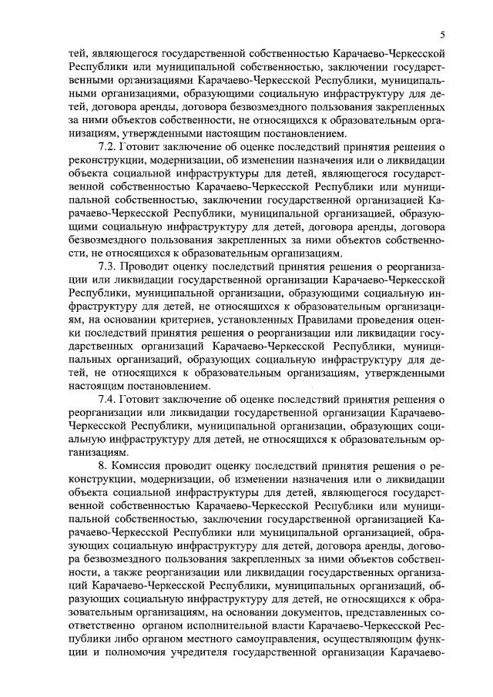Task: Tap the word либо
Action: click(132, 640)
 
